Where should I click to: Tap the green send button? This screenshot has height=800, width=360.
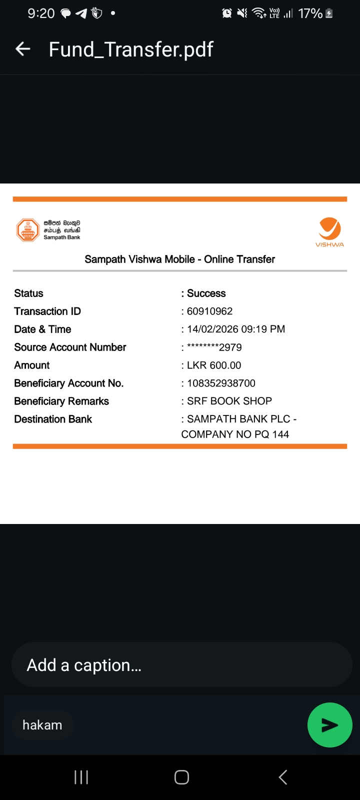329,725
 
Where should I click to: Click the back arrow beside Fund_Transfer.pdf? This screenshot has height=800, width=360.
23,49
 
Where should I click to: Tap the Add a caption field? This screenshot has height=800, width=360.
181,665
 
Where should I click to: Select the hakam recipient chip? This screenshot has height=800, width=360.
42,725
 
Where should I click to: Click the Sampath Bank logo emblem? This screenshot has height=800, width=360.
28,230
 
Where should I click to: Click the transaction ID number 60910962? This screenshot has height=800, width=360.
209,311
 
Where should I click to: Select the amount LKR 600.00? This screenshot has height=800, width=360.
214,365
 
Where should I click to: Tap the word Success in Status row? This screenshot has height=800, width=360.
206,293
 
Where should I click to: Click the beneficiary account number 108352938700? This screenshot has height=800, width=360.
221,383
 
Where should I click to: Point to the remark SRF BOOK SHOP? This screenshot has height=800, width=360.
229,401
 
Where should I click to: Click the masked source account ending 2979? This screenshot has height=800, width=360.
214,347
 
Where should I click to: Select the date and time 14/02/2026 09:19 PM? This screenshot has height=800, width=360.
235,329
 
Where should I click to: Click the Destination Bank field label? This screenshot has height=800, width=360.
53,419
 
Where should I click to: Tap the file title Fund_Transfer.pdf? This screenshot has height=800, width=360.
131,49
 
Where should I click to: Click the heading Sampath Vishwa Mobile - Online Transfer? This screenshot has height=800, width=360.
179,259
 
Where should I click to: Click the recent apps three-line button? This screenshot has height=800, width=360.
81,777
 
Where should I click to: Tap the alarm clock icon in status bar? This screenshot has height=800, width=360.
227,13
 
